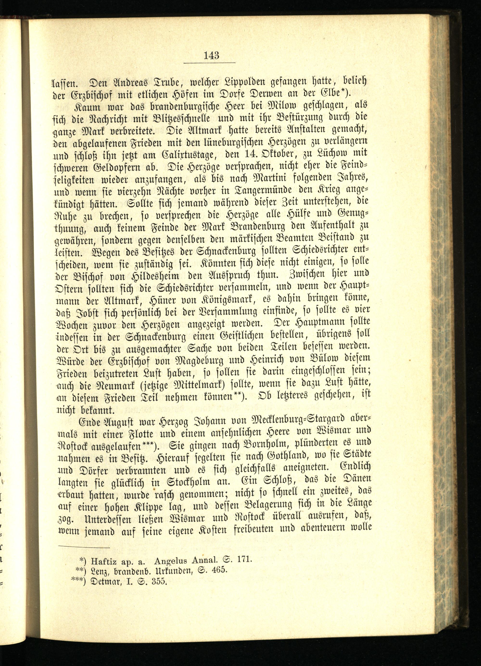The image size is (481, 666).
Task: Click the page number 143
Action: [210, 55]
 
